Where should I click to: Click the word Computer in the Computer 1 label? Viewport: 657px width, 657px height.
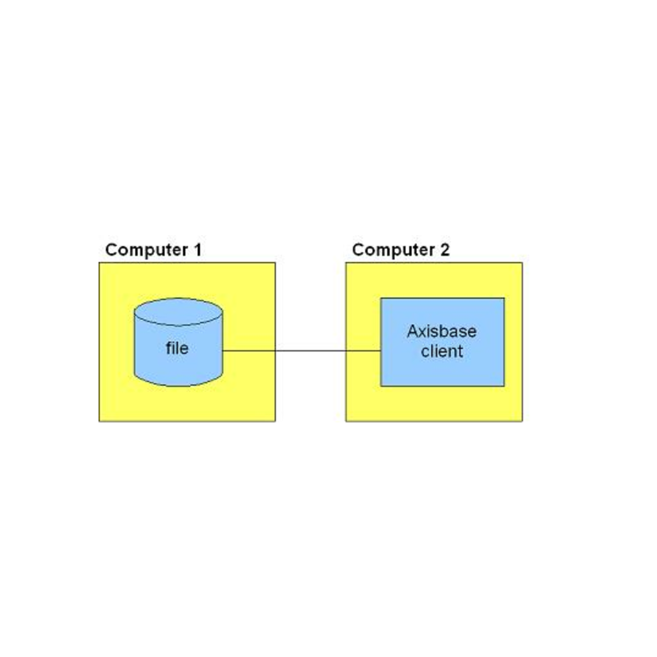click(x=146, y=250)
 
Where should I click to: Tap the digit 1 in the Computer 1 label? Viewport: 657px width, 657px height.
click(x=197, y=250)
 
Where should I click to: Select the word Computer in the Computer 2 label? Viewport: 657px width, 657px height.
click(x=394, y=250)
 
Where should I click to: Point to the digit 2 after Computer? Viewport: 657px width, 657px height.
click(x=445, y=250)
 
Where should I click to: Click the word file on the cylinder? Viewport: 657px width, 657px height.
click(x=177, y=349)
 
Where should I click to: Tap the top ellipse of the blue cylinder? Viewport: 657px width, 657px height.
click(x=178, y=312)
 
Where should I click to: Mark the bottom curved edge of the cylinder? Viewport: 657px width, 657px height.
click(x=178, y=385)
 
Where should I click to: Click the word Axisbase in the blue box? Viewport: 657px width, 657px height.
click(x=441, y=332)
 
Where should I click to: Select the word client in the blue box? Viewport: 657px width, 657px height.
click(x=441, y=352)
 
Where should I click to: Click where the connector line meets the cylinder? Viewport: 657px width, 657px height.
click(x=223, y=351)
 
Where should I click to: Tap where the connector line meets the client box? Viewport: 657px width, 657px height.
click(x=380, y=351)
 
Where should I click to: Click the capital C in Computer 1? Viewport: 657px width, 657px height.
click(x=111, y=250)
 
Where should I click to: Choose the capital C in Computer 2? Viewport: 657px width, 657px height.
click(x=358, y=250)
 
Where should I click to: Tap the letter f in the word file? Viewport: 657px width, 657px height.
click(x=168, y=348)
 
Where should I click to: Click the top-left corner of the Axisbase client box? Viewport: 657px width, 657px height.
click(x=381, y=298)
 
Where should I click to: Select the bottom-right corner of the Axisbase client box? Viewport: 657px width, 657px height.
click(x=504, y=386)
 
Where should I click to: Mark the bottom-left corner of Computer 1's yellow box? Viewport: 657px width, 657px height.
click(x=99, y=421)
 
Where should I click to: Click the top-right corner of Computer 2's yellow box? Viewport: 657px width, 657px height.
click(x=522, y=263)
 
